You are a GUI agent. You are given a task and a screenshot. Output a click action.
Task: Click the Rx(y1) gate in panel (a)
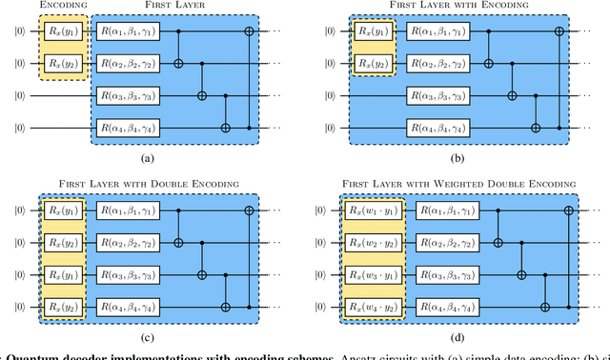click(x=63, y=31)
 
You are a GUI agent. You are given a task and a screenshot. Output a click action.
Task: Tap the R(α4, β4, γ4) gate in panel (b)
click(x=444, y=128)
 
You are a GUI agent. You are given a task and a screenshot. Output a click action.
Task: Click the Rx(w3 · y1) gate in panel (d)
click(x=374, y=274)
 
